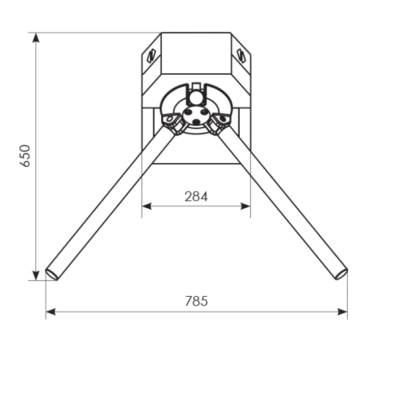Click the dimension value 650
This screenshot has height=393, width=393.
point(25,156)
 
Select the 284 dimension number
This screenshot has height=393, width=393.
point(196,196)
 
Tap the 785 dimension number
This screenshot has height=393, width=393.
point(196,301)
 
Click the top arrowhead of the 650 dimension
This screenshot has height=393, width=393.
point(36,38)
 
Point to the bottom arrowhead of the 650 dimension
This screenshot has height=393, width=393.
point(36,276)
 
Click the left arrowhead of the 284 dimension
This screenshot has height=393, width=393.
point(147,206)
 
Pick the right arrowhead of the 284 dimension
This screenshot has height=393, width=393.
point(245,206)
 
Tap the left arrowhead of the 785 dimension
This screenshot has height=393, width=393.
point(51,312)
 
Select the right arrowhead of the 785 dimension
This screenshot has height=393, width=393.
point(342,312)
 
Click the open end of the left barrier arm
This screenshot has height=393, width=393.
point(52,275)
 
